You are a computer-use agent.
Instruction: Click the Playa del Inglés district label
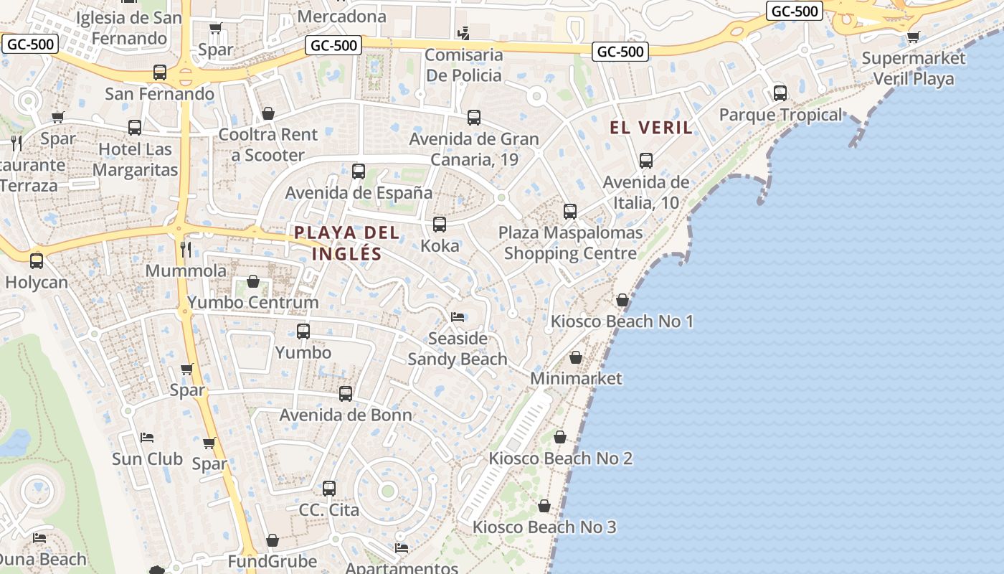[347, 243]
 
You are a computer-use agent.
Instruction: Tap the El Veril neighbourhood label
[651, 128]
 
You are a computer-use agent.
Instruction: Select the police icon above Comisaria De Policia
[463, 33]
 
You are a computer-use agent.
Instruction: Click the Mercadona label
[341, 16]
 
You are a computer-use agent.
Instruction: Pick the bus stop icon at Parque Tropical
[780, 93]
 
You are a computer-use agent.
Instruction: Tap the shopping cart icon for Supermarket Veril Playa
[913, 37]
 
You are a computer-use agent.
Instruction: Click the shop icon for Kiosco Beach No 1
[622, 300]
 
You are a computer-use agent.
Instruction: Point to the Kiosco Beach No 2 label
[561, 458]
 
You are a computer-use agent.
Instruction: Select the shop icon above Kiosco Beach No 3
[544, 506]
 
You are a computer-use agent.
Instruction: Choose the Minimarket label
[576, 378]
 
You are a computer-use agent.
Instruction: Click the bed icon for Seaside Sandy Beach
[458, 317]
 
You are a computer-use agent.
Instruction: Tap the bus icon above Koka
[440, 225]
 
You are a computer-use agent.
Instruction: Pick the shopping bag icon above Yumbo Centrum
[252, 281]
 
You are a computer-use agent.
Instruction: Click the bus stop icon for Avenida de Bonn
[346, 394]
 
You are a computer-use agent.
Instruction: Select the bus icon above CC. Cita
[329, 489]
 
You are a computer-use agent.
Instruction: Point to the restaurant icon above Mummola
[186, 250]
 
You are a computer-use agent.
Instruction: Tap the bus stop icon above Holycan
[37, 261]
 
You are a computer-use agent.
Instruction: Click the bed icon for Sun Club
[147, 438]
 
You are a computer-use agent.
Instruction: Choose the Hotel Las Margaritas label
[136, 159]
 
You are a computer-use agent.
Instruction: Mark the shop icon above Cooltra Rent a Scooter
[268, 113]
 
